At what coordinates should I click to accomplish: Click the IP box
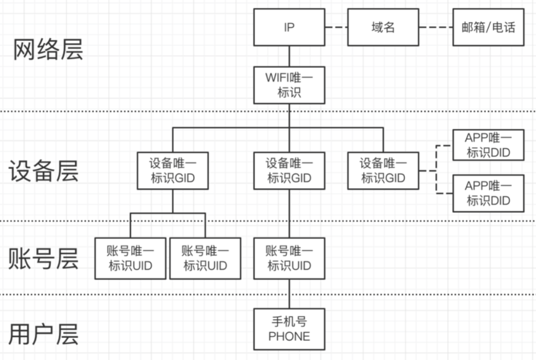pos(289,27)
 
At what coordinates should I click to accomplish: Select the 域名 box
pos(383,27)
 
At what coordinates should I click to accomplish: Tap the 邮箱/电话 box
pos(488,27)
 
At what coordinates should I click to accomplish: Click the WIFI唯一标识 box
pos(289,84)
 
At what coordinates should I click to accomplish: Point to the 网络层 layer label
pos(48,50)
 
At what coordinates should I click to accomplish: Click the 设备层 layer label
pos(43,171)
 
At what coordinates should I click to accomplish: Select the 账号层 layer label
pos(43,258)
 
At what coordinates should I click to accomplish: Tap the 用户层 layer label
pos(43,333)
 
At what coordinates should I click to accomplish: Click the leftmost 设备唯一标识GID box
pos(172,171)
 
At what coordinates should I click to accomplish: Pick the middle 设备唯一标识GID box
pos(289,171)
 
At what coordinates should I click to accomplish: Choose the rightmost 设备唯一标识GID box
pos(383,171)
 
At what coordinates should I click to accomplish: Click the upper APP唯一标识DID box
pos(488,145)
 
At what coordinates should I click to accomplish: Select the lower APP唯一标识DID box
pos(488,193)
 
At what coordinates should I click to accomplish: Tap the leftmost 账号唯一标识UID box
pos(130,258)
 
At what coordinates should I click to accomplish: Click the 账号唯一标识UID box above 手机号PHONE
pos(289,258)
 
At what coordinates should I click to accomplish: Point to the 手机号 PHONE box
pos(289,329)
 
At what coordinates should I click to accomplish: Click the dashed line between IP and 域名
pos(336,27)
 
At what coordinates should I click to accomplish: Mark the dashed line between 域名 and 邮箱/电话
pos(436,27)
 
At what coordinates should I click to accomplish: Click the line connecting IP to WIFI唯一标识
pos(289,56)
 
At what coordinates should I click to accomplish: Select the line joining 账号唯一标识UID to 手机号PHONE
pos(289,294)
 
